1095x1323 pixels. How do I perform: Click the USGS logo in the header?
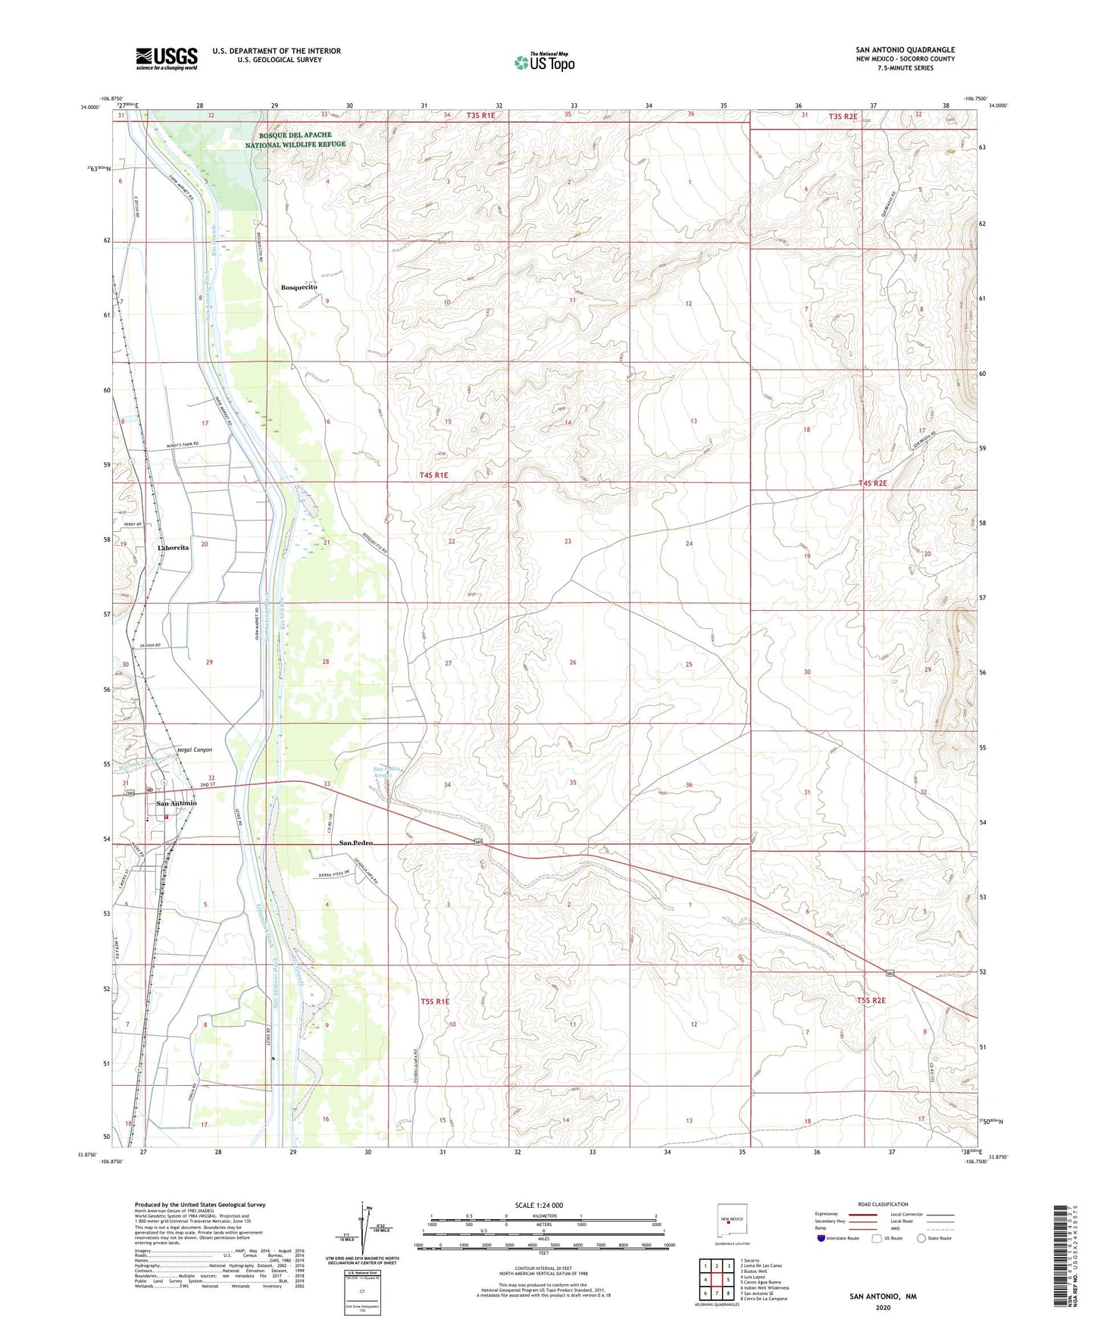coord(167,58)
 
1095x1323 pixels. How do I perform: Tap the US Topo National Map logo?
coord(543,62)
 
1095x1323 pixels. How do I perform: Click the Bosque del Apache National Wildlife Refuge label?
coord(296,139)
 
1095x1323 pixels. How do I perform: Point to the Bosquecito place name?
coord(299,288)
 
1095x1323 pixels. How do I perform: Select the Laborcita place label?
coord(173,547)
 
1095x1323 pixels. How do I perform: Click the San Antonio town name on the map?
coord(176,803)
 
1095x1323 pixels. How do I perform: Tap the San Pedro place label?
coord(355,843)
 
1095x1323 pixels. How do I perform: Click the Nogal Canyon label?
coord(194,749)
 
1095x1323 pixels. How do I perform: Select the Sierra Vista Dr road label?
coord(334,874)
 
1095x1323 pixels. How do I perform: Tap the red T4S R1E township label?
coord(433,475)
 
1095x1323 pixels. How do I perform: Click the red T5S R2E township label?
coord(871,1000)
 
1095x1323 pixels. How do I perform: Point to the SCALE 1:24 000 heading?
coord(539,1205)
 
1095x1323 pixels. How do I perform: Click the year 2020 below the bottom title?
coord(883,1307)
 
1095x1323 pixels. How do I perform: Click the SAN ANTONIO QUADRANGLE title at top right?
coord(906,50)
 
